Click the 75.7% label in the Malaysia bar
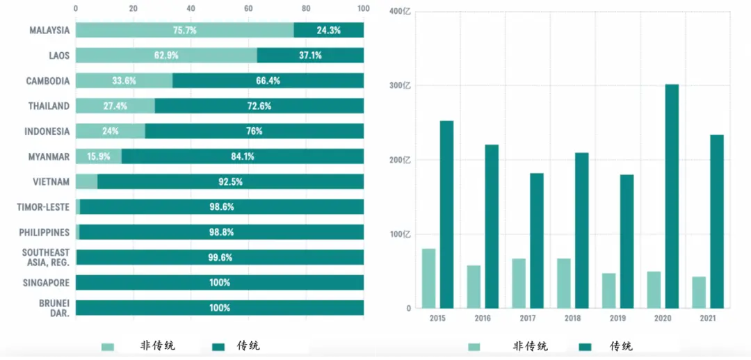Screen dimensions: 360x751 click(184, 31)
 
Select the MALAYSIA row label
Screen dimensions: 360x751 click(49, 31)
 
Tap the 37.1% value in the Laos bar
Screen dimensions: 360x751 click(310, 56)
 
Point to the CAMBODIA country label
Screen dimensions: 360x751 click(48, 81)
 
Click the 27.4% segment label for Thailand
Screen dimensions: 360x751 click(115, 106)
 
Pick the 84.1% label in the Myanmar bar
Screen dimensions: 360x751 click(243, 156)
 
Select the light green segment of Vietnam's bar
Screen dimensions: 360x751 click(86, 181)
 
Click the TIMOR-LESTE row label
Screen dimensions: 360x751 click(43, 207)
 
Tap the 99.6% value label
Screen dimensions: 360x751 click(220, 257)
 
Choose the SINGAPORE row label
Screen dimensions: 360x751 click(46, 283)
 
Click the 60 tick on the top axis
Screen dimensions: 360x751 click(248, 9)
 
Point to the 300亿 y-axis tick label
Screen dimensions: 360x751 click(401, 85)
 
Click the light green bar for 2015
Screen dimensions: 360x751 click(428, 278)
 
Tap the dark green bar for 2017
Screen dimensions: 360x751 click(537, 240)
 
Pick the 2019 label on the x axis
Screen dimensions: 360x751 click(618, 318)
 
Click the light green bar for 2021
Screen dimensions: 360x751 click(699, 292)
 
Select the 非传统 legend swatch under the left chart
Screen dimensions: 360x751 click(108, 346)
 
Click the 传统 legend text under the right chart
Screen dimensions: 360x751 click(621, 346)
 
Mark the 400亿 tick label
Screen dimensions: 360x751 click(401, 12)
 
